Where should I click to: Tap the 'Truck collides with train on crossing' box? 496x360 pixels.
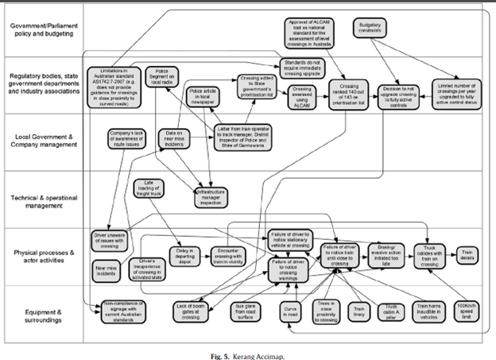tap(431, 253)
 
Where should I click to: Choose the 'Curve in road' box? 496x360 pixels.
tap(290, 310)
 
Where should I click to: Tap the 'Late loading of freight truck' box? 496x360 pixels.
tap(149, 188)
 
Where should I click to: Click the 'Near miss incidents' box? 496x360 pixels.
tap(109, 269)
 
